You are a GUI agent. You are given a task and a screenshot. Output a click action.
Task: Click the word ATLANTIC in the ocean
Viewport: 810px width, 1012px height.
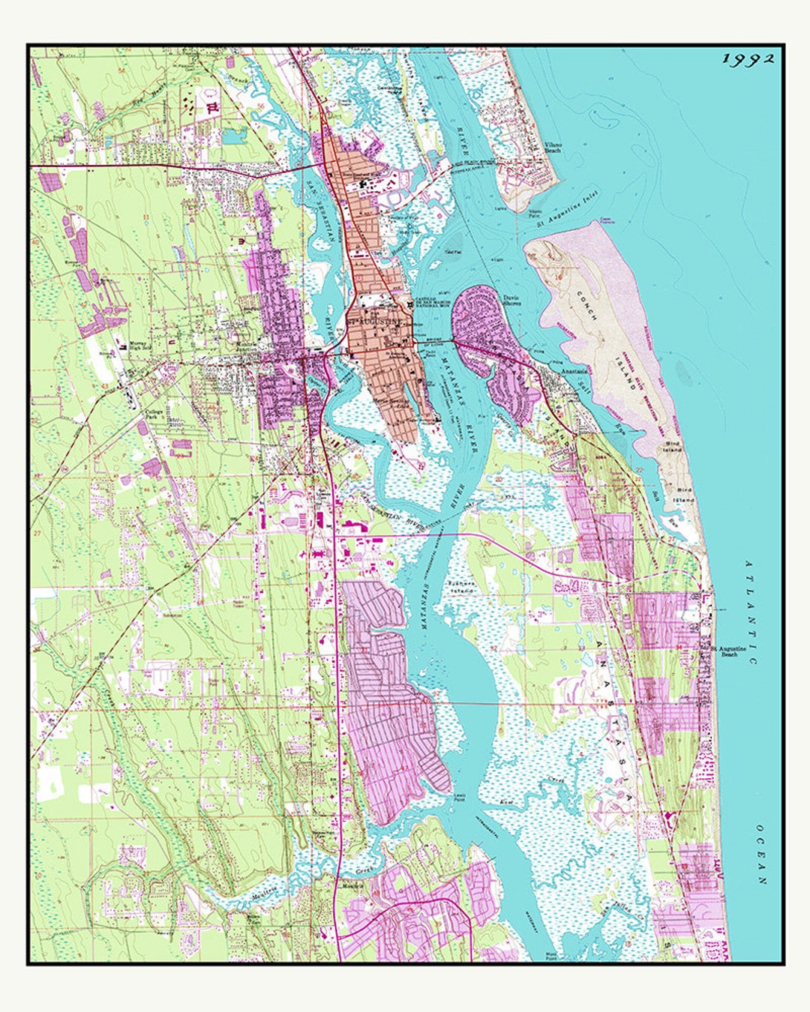click(751, 611)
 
